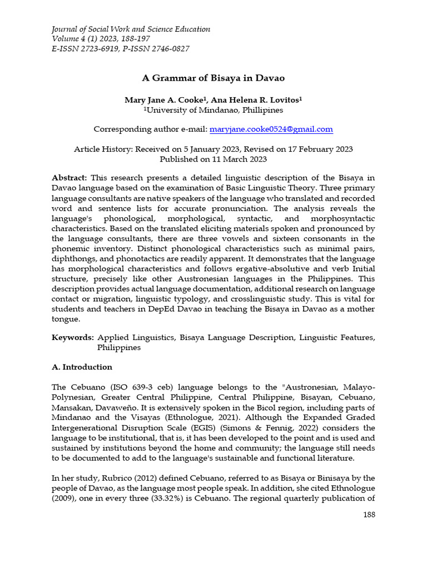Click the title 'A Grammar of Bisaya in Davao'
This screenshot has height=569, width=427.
tap(213, 78)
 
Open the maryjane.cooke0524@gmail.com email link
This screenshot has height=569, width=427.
tap(271, 129)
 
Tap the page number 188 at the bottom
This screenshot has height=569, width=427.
tap(368, 515)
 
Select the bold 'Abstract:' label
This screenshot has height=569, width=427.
tap(69, 178)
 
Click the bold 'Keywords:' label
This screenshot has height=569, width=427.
tap(72, 337)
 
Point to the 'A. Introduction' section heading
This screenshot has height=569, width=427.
tap(82, 367)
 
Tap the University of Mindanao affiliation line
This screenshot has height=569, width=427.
tap(213, 110)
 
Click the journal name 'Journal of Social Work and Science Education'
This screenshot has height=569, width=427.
tap(131, 29)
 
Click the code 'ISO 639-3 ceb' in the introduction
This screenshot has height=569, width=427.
tap(126, 387)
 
